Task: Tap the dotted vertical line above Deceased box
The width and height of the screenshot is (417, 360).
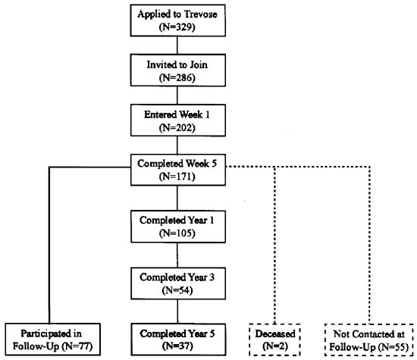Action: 274,243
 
